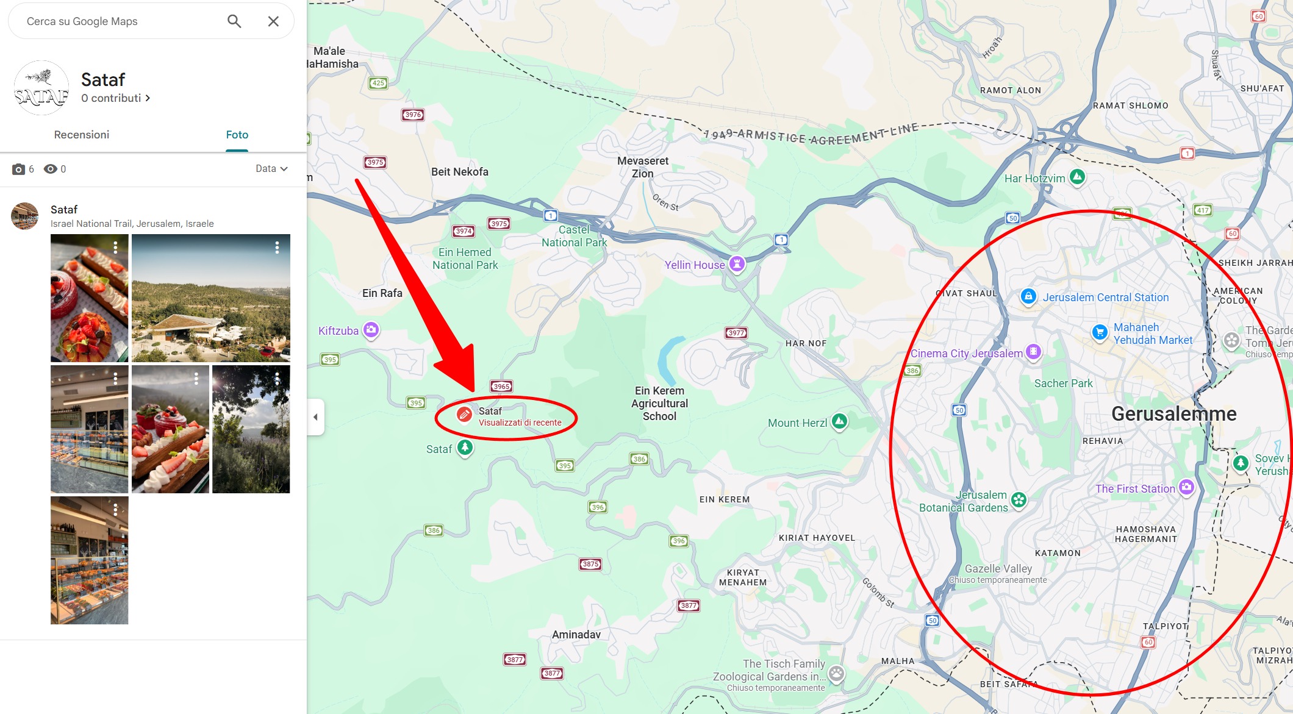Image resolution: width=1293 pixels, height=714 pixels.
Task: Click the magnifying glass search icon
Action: tap(234, 21)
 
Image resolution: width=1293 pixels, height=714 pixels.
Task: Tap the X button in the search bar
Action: tap(273, 21)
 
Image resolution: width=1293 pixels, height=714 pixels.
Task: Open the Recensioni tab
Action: tap(82, 135)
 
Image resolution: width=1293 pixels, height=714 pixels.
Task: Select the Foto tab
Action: tap(237, 135)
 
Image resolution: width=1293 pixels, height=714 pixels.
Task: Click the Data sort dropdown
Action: tap(271, 169)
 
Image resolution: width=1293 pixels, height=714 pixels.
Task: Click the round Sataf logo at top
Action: tap(41, 88)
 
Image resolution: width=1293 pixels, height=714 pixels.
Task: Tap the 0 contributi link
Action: tap(116, 98)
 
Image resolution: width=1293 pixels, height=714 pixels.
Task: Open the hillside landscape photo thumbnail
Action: tap(210, 298)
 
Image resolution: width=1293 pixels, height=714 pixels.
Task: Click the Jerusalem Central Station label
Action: tap(1105, 298)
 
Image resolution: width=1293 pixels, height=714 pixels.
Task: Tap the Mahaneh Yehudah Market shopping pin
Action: tap(1099, 332)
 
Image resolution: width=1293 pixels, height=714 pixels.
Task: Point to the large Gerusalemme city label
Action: tap(1173, 414)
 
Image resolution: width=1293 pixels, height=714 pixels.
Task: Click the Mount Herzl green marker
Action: tap(840, 421)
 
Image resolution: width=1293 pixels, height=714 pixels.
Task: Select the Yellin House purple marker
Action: tap(737, 264)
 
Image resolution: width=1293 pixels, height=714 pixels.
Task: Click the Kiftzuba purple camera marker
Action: tap(371, 330)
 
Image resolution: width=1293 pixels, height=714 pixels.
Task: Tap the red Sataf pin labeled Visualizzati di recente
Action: tap(465, 415)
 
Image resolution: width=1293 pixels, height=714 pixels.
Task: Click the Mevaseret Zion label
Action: tap(643, 167)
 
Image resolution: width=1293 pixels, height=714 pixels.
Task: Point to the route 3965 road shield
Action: tap(501, 387)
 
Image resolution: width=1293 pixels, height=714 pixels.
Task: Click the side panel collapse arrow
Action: tap(315, 417)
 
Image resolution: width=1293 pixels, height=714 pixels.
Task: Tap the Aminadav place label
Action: tap(576, 635)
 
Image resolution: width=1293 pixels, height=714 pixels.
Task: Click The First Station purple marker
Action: tap(1186, 487)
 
